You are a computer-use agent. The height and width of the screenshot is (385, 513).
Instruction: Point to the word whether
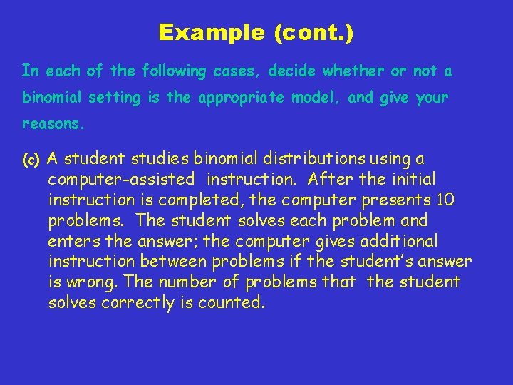[x=349, y=71]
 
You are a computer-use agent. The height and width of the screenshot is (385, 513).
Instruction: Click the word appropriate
[x=239, y=98]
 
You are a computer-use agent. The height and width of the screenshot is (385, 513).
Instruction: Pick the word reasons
[x=53, y=124]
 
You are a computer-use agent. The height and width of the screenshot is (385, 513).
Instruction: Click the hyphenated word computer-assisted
[x=121, y=179]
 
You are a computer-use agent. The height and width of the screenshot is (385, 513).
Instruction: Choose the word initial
[x=410, y=179]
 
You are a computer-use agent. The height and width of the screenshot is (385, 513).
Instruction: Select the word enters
[x=74, y=241]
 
